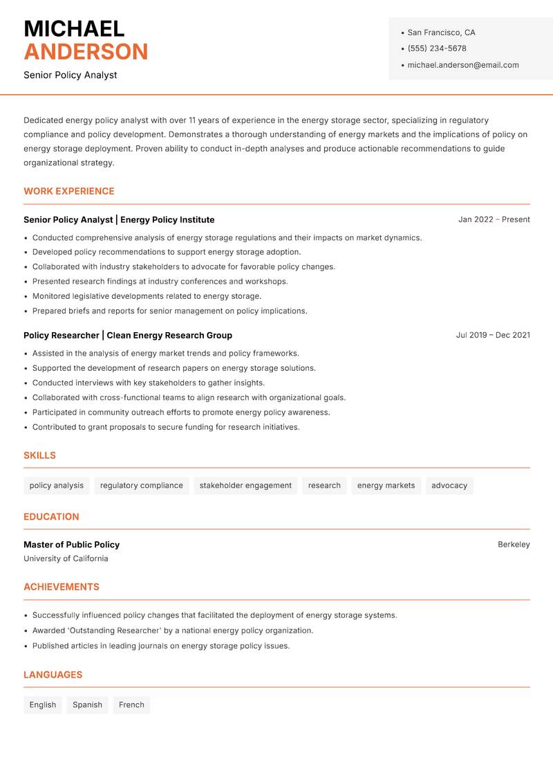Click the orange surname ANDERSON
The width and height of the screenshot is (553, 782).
tap(86, 52)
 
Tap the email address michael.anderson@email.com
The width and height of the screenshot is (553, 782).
tap(462, 65)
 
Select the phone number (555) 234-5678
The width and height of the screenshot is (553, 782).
tap(437, 48)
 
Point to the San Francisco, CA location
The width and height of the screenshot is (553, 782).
tap(441, 33)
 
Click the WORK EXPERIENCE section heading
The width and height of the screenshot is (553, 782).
tap(69, 191)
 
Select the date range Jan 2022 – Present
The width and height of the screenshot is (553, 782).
tap(494, 219)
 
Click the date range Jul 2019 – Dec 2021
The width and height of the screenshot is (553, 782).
tap(493, 335)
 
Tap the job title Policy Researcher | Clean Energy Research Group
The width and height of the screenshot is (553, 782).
tap(128, 335)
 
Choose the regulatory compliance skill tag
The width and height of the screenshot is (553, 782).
tap(142, 486)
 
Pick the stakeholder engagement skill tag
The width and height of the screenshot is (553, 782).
tap(245, 486)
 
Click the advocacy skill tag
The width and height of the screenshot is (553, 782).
tap(449, 486)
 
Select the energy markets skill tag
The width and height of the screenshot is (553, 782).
tap(386, 486)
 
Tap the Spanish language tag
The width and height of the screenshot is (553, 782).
tap(87, 705)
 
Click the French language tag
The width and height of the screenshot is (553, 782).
tap(131, 705)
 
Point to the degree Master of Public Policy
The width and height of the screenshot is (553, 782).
tap(71, 545)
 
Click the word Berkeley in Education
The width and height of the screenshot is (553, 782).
tap(514, 545)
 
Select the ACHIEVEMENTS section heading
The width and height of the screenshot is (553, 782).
tap(62, 587)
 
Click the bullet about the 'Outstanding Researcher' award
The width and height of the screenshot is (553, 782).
tap(173, 630)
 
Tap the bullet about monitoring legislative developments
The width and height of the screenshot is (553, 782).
tap(147, 296)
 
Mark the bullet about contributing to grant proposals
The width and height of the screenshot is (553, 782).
tap(166, 427)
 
